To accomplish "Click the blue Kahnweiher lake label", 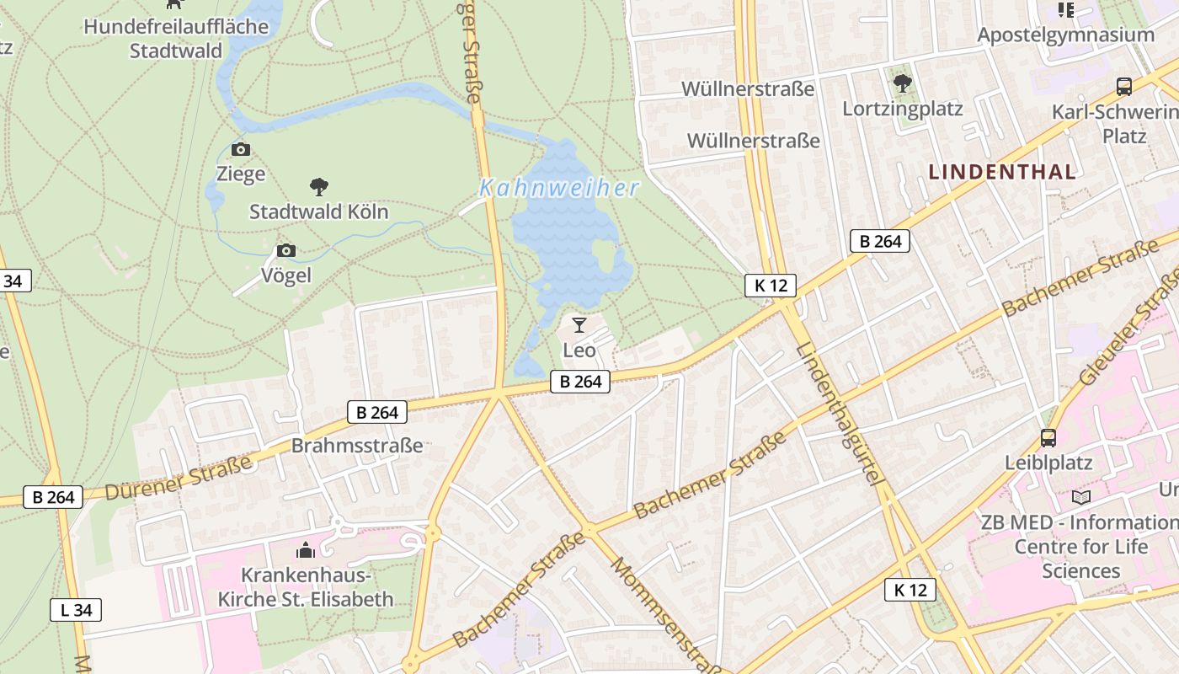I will click(x=559, y=188).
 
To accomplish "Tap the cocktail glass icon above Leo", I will click(x=579, y=325).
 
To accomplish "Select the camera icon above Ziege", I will click(x=241, y=150).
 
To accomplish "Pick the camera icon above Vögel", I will click(x=286, y=251).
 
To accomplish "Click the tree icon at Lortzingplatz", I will click(x=903, y=83).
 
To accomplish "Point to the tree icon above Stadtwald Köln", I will click(x=319, y=186).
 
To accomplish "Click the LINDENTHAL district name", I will click(x=1002, y=172).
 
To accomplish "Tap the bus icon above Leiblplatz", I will click(x=1048, y=438).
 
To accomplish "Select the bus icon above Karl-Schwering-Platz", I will click(x=1124, y=86).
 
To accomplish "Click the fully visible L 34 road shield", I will click(x=76, y=610).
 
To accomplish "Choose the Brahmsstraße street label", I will click(x=357, y=446).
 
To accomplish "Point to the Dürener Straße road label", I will click(x=179, y=478).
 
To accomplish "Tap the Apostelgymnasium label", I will click(x=1065, y=35).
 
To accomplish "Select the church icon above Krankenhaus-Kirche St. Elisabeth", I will click(x=306, y=551).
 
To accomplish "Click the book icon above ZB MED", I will click(x=1081, y=498).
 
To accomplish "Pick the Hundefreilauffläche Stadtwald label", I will click(x=176, y=39).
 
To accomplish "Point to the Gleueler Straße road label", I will click(x=1128, y=337).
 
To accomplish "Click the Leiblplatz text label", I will click(x=1048, y=463).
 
